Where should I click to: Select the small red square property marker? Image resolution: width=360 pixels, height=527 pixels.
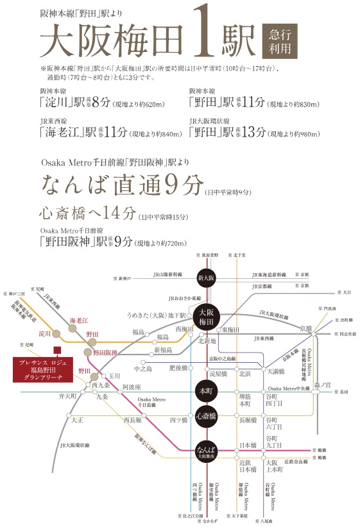57,350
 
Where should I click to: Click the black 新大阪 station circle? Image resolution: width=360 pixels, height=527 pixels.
205,278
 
